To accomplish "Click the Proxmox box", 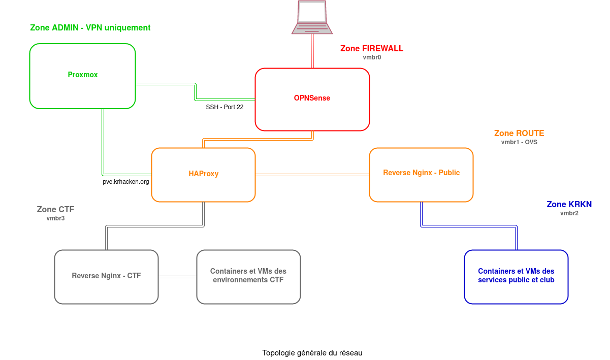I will point(82,76).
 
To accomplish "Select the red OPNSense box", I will point(312,100).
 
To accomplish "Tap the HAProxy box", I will point(203,175).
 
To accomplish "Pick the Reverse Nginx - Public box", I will point(421,175).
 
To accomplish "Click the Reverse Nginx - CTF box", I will point(106,277).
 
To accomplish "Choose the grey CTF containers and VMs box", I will point(248,277).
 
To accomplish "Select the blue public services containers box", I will point(516,277).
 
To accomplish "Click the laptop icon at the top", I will point(312,17).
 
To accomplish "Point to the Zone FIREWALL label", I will point(371,49).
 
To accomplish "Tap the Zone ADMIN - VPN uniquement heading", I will point(90,28).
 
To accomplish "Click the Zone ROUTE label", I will point(519,134).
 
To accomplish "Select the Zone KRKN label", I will point(569,205).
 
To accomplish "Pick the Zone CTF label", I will point(55,210).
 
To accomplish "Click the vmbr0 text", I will point(372,58).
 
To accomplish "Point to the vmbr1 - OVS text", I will point(519,143).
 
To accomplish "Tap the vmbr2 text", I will point(569,214).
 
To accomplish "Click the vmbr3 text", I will point(55,219).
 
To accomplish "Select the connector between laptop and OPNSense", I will point(312,51).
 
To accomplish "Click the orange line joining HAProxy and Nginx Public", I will point(312,175).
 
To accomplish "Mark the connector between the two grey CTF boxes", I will point(177,277).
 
